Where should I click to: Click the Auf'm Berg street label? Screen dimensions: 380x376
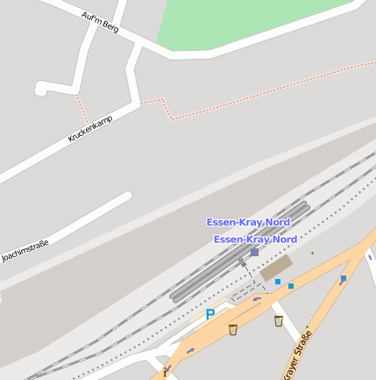click(99, 22)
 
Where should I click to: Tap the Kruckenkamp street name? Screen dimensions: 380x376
click(90, 126)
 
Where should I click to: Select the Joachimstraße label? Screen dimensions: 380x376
click(25, 250)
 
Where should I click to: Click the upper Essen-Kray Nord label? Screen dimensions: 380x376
click(248, 222)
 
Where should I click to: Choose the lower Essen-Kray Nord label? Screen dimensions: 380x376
click(255, 239)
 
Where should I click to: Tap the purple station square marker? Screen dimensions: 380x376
click(254, 252)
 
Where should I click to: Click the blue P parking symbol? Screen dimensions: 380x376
click(209, 313)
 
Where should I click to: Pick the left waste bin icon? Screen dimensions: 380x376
click(233, 329)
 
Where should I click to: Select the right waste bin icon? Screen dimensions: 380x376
click(279, 321)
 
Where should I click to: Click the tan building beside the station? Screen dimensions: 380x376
click(277, 267)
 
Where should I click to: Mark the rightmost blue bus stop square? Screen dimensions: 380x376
click(344, 278)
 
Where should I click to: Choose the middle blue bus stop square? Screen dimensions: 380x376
click(291, 286)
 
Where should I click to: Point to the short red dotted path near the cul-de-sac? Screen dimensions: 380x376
click(82, 108)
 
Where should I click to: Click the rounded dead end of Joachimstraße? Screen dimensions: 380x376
click(127, 197)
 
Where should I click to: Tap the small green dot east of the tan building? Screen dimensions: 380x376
click(312, 254)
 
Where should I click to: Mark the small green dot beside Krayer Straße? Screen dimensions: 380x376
click(308, 326)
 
